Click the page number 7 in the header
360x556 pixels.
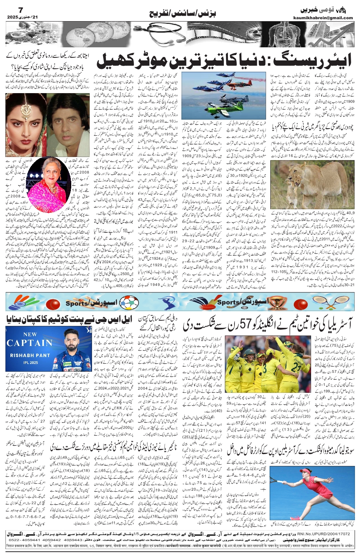point(10,9)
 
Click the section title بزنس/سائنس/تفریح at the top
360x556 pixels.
point(183,13)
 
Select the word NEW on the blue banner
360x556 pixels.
point(30,334)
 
